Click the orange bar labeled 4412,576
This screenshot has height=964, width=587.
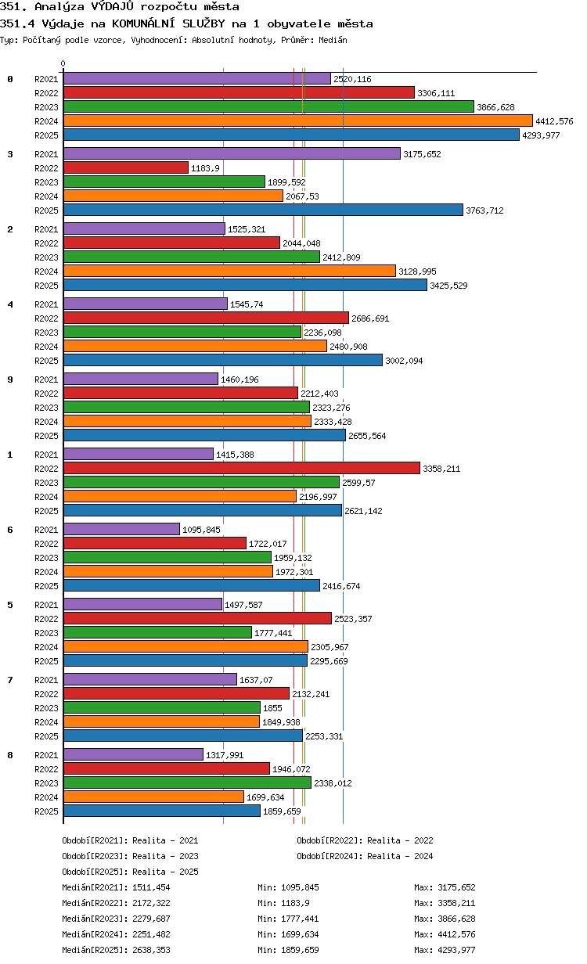coord(297,121)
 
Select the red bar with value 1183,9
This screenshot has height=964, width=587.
coord(126,167)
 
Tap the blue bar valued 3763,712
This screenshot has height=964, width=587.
coord(263,210)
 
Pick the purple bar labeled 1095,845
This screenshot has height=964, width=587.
coord(121,529)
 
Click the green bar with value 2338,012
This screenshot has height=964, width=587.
coord(187,782)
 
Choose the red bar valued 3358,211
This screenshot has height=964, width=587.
coord(241,468)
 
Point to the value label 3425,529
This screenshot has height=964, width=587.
coord(448,286)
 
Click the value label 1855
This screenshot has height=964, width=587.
coord(272,708)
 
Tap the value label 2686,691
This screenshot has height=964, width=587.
coord(370,318)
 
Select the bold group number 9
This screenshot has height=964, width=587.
coord(10,379)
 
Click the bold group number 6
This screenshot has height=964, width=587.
coord(10,530)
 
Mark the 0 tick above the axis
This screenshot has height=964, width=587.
coord(63,63)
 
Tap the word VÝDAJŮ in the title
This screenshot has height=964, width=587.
coord(113,6)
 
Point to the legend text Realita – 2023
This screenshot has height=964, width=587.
coord(165,856)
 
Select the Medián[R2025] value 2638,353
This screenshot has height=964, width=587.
coord(151,950)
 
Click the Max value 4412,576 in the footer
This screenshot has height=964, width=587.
coord(456,934)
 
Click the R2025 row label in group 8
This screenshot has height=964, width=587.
coord(46,811)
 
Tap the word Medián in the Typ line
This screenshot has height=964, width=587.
coord(333,40)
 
